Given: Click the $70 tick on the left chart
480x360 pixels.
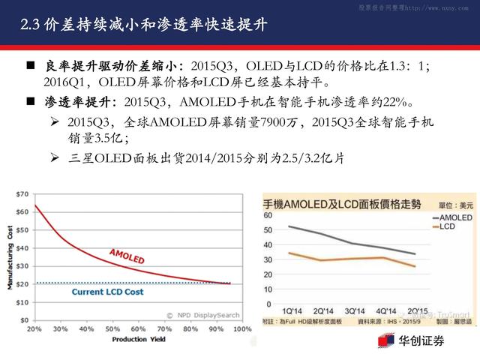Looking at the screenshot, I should click(21, 193).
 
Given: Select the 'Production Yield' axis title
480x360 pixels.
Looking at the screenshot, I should click(138, 339).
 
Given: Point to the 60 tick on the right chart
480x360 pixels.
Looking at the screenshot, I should click(268, 216).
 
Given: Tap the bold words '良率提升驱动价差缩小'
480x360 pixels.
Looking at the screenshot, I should click(105, 67).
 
